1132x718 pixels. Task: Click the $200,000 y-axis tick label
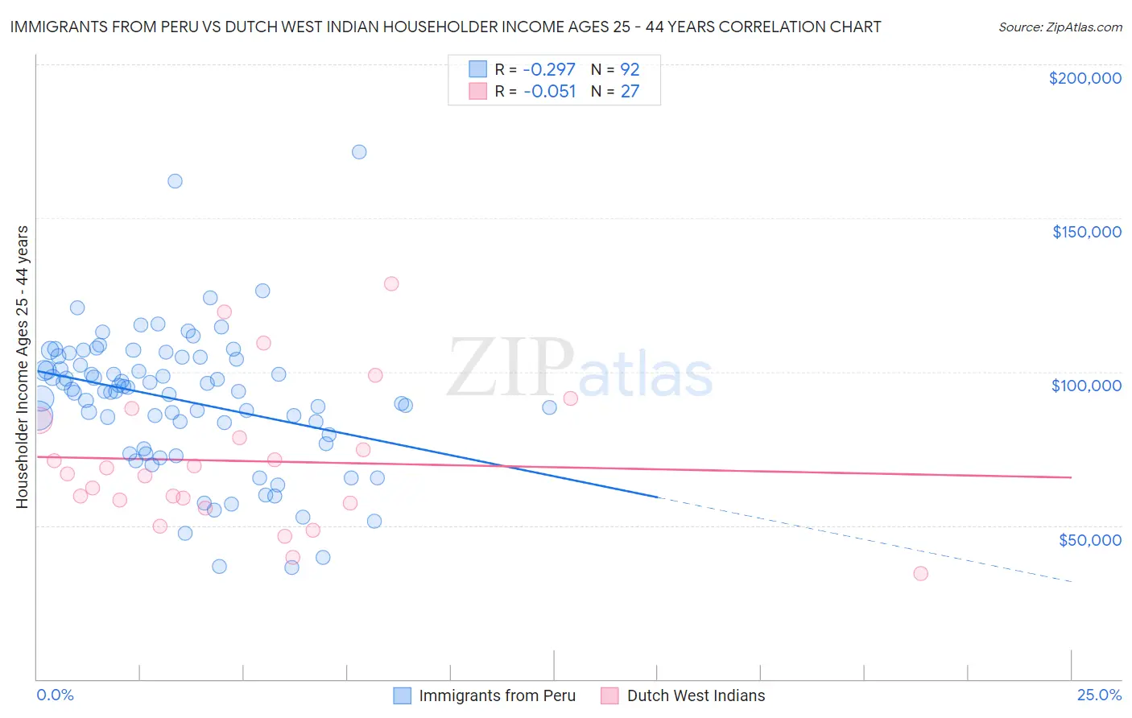(1084, 78)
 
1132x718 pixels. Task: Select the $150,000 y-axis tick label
(1086, 232)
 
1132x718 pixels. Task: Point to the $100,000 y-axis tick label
(1086, 386)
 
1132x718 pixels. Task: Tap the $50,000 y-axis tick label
(1089, 539)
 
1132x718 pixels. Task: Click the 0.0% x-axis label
(56, 695)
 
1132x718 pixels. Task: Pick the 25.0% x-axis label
(1099, 695)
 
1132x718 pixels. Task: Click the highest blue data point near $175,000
(359, 152)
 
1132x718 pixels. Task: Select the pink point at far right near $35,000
(920, 574)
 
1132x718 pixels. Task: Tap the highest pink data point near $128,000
(391, 283)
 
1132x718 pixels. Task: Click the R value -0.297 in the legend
(549, 69)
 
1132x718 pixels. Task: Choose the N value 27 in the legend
(630, 92)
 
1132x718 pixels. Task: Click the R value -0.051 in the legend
(549, 92)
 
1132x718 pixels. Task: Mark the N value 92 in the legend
(630, 69)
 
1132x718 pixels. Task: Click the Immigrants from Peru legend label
(497, 695)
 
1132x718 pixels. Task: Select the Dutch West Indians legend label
(696, 695)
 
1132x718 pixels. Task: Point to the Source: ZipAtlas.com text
(1060, 27)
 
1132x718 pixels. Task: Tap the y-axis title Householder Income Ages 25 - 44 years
(23, 366)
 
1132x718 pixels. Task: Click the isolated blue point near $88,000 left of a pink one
(549, 407)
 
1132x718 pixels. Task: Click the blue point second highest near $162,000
(175, 181)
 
